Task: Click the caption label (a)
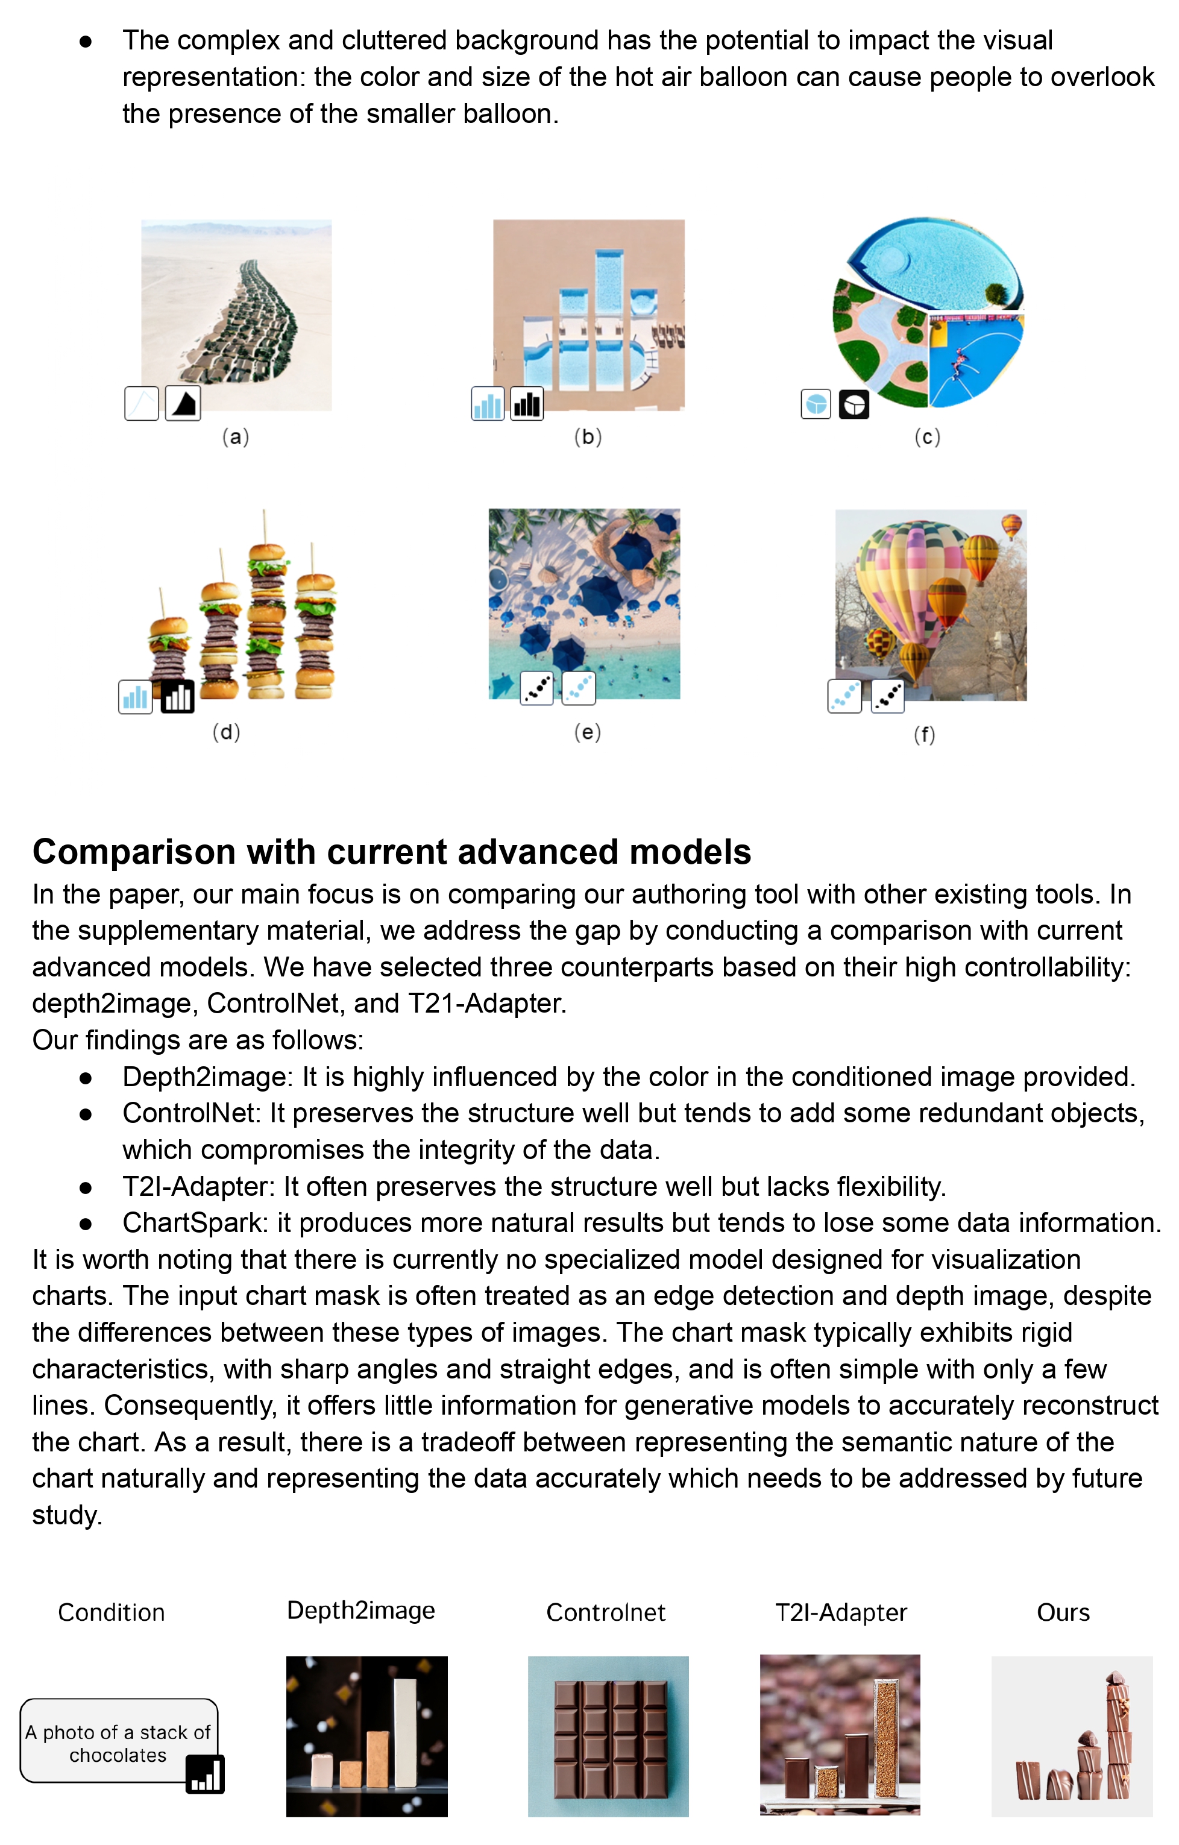tap(235, 437)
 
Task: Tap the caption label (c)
tap(927, 437)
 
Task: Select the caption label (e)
tap(588, 732)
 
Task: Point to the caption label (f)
tap(924, 735)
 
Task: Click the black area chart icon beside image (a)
tap(183, 403)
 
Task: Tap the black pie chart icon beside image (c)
tap(854, 404)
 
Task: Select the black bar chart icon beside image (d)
tap(177, 697)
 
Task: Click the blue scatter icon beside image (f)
tap(845, 697)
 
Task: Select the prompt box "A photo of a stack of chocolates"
tap(118, 1743)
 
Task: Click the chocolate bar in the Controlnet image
tap(610, 1738)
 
